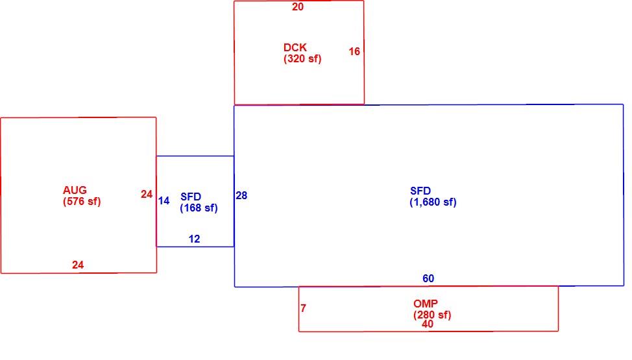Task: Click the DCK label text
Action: (x=295, y=47)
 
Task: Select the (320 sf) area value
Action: (x=302, y=59)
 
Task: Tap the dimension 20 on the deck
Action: (x=298, y=7)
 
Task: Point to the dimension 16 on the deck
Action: (x=354, y=52)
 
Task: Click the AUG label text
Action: (x=75, y=190)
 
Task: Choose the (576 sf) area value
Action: (x=82, y=202)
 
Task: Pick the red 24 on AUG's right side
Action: (x=147, y=195)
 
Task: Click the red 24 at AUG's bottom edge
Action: (x=78, y=265)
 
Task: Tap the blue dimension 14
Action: (x=164, y=201)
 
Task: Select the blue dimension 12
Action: (x=194, y=239)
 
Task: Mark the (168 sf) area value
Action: (x=199, y=208)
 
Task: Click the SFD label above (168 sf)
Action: (x=191, y=197)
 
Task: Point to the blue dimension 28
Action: (x=241, y=195)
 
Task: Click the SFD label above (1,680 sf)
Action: (x=420, y=191)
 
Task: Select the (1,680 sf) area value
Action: (x=433, y=202)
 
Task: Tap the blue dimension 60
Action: (x=428, y=278)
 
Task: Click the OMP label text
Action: (x=426, y=304)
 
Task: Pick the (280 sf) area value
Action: (x=432, y=315)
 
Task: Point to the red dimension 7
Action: (x=303, y=308)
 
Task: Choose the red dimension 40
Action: (x=428, y=324)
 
